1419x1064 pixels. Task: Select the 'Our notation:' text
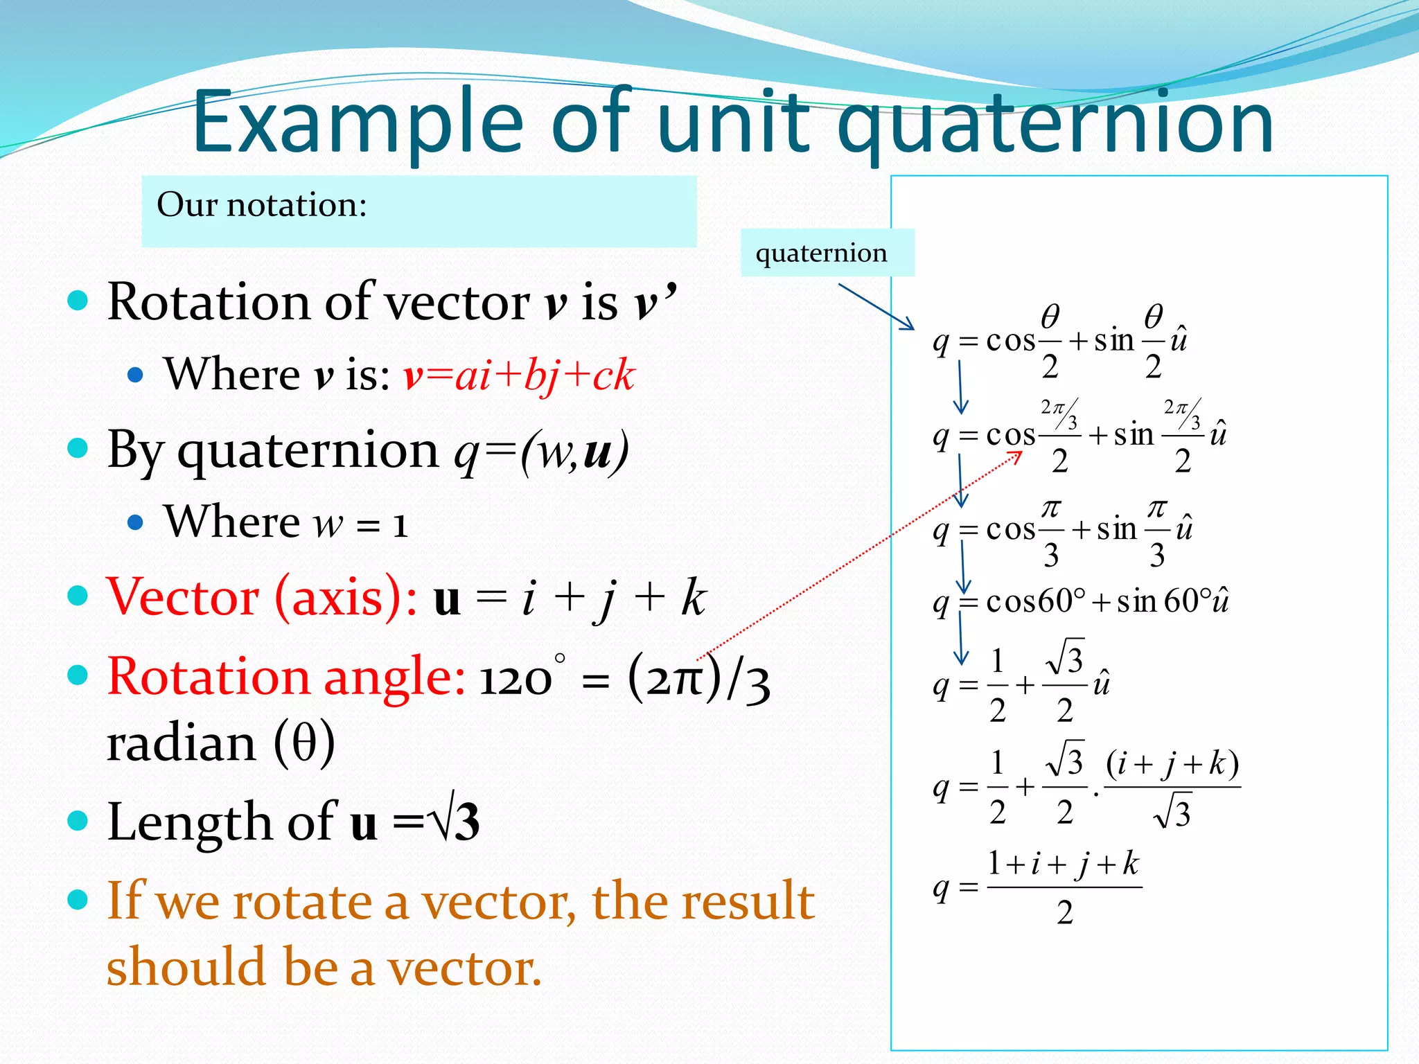[262, 204]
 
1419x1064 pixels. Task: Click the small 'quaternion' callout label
[821, 253]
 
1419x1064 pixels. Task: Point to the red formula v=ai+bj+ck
[519, 375]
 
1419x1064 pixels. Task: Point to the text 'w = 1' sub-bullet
[360, 523]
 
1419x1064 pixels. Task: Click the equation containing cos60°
[1081, 601]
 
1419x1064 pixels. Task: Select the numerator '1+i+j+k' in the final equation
[1064, 864]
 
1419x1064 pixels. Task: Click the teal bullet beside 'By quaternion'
[78, 448]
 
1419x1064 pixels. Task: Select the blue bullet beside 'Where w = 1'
[136, 522]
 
